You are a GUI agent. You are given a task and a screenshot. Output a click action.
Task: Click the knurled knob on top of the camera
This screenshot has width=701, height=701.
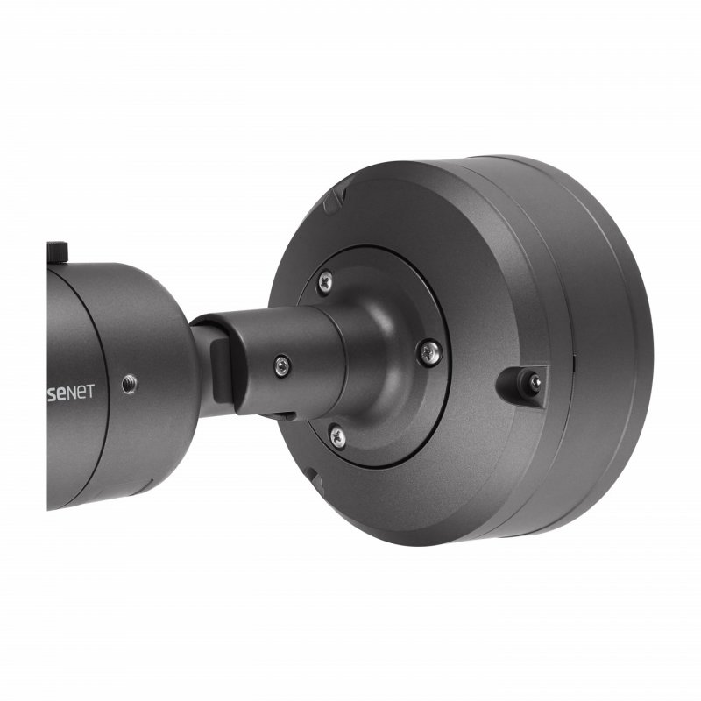(58, 251)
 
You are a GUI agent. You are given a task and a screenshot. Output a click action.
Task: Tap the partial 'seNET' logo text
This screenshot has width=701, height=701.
(70, 391)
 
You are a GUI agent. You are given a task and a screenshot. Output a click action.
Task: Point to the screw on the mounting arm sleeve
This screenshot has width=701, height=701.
(281, 365)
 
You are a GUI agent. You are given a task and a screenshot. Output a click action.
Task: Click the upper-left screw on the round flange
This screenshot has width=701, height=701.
(324, 280)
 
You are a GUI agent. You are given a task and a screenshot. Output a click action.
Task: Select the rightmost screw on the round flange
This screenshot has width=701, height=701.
(428, 352)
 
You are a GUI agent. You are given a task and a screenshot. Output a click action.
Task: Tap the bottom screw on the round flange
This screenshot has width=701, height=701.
(336, 435)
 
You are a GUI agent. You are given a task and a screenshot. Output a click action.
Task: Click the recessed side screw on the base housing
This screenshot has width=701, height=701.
(531, 381)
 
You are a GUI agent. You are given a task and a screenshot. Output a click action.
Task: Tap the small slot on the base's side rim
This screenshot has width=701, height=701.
(571, 359)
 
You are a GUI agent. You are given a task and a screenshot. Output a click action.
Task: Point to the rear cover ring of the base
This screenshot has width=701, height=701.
(613, 350)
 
